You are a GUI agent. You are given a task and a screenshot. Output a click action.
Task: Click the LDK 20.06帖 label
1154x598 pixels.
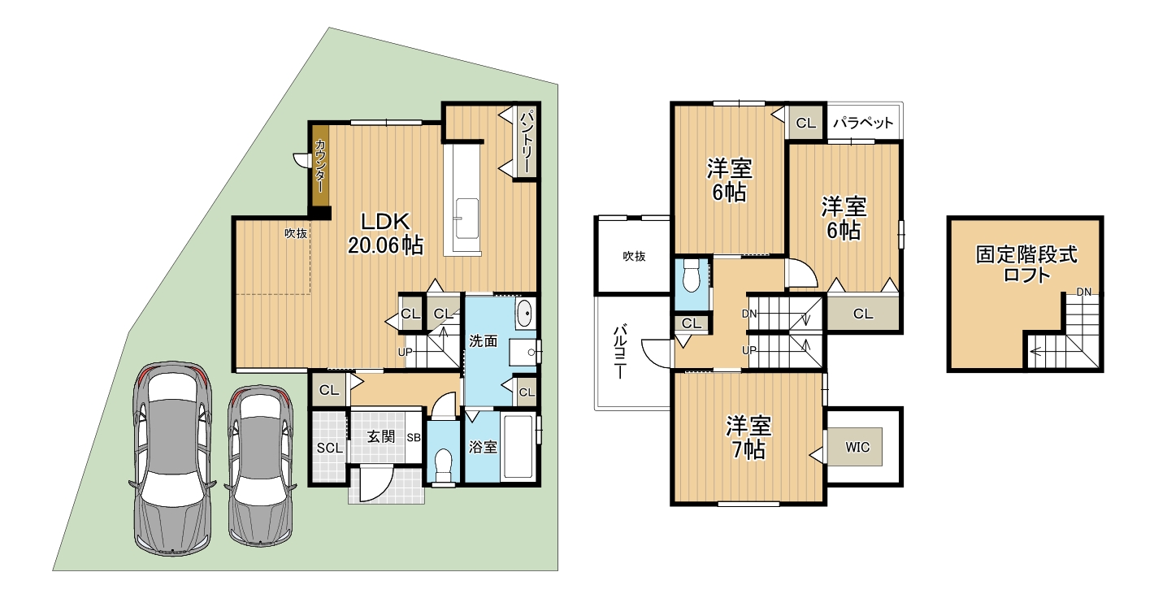(385, 233)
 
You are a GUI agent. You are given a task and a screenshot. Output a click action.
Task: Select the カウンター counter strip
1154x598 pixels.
(320, 167)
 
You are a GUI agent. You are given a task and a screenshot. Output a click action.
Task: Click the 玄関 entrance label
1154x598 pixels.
(380, 436)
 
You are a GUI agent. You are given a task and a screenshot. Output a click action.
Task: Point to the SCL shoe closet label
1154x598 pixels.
(329, 448)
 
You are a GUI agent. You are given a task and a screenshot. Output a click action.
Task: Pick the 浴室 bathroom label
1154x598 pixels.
(483, 447)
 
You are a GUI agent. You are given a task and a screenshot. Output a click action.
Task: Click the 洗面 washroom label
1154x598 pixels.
(483, 341)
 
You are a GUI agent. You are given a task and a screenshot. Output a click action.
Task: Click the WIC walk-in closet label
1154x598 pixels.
(857, 447)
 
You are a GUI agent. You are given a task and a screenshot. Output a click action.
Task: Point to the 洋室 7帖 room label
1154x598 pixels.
(748, 438)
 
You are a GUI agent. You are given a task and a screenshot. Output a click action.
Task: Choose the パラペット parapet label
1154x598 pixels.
(863, 123)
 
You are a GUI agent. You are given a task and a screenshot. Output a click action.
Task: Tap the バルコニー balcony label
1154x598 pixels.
(622, 351)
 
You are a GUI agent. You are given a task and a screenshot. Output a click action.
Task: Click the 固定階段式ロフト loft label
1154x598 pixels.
(1026, 264)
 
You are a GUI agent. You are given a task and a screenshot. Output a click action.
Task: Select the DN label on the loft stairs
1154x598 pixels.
(1083, 292)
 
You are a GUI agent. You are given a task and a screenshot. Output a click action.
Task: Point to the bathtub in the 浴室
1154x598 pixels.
(518, 446)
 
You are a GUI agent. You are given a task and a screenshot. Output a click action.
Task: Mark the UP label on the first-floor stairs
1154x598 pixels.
(405, 353)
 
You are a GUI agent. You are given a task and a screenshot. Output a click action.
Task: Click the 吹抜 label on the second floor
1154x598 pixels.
(634, 256)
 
